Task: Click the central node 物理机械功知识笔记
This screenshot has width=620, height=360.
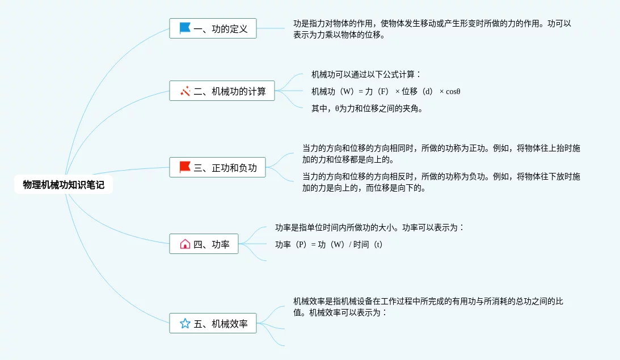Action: pyautogui.click(x=64, y=185)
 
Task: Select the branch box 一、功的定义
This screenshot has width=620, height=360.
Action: pyautogui.click(x=213, y=28)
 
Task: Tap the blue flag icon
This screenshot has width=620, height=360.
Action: pyautogui.click(x=185, y=28)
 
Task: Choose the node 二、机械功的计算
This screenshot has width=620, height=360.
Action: pyautogui.click(x=222, y=91)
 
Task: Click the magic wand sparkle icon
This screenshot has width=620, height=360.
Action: pyautogui.click(x=185, y=91)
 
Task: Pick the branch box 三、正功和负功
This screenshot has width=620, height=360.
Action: pyautogui.click(x=217, y=167)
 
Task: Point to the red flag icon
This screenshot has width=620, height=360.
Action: pyautogui.click(x=185, y=167)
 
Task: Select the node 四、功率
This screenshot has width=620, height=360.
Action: pyautogui.click(x=204, y=244)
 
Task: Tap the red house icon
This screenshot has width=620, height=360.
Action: pyautogui.click(x=185, y=244)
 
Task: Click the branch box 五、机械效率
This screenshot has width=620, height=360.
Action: pyautogui.click(x=213, y=323)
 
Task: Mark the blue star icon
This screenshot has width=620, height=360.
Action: pyautogui.click(x=185, y=323)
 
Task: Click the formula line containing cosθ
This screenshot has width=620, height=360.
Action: pyautogui.click(x=386, y=91)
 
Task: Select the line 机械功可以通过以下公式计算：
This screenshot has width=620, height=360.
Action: pyautogui.click(x=366, y=74)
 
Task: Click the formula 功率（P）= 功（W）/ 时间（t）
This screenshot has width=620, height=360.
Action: pyautogui.click(x=328, y=244)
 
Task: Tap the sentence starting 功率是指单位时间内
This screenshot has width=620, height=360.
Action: pyautogui.click(x=370, y=227)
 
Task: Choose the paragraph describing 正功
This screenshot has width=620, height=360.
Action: pyautogui.click(x=441, y=154)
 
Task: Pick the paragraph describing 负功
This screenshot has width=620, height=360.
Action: pyautogui.click(x=441, y=182)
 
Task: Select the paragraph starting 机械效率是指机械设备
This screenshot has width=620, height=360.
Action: pyautogui.click(x=428, y=307)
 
